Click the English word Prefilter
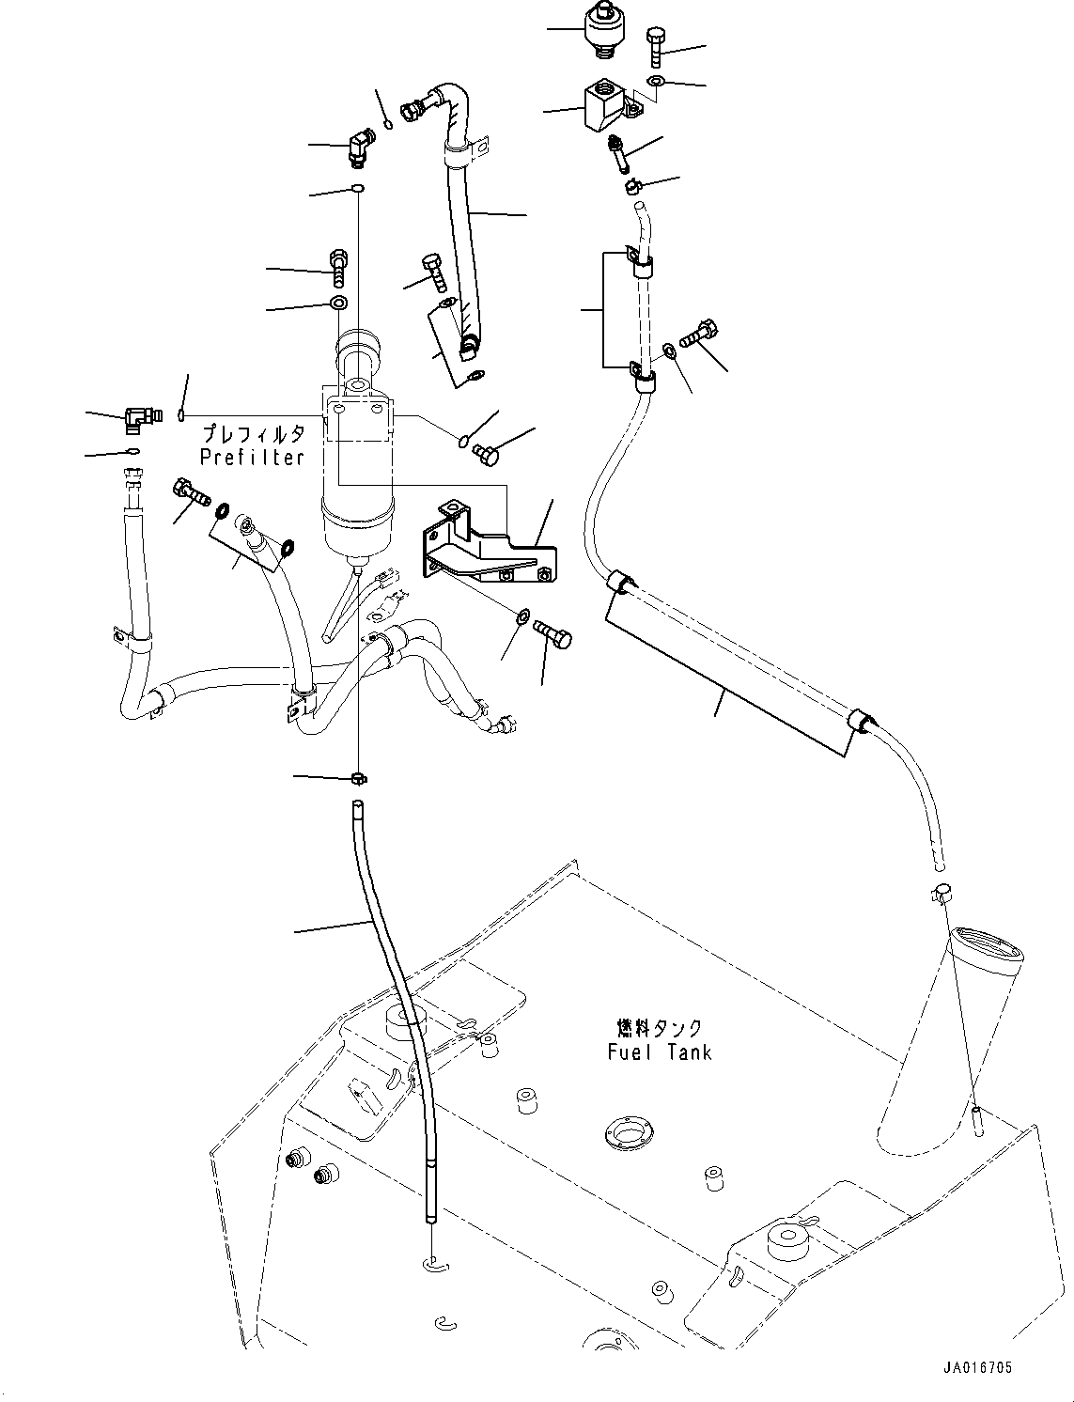tap(252, 458)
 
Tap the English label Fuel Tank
tap(659, 1051)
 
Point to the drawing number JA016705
tap(976, 1369)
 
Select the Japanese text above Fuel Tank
tap(660, 1028)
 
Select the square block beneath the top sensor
tap(601, 106)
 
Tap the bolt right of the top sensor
tap(656, 46)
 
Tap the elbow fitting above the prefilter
tap(359, 146)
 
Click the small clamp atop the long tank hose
tap(357, 777)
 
